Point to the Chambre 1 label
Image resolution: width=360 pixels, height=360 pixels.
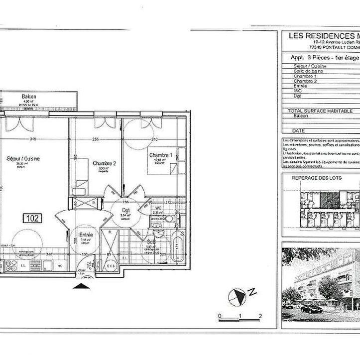click(x=160, y=155)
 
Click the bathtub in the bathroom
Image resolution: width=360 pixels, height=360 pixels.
click(x=178, y=247)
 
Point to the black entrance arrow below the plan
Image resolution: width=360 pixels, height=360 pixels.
click(x=81, y=286)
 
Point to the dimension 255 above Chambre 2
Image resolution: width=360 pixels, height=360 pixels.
click(x=96, y=139)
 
